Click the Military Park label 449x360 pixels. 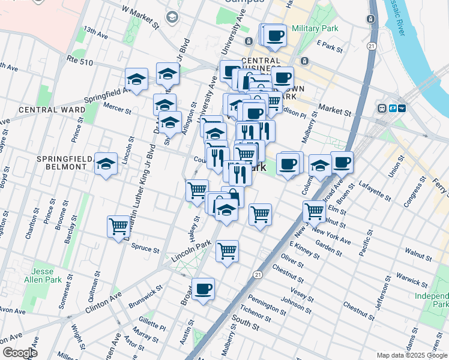315,28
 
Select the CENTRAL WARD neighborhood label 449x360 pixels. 52,110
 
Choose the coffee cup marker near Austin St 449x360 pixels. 203,289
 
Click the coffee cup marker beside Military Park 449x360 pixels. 276,35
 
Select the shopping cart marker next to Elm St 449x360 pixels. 314,211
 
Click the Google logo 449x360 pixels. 19,352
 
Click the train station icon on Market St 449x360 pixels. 381,108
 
